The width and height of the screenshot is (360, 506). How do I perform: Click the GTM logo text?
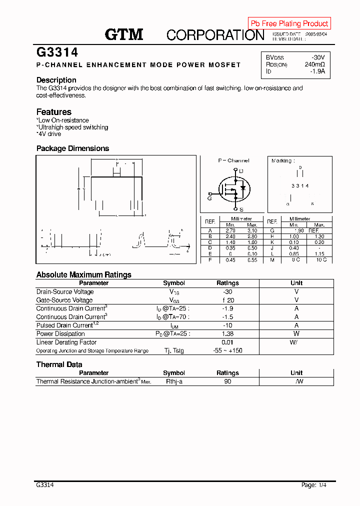123,34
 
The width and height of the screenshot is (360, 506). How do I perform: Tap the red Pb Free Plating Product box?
289,23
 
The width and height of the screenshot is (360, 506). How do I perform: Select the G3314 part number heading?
56,52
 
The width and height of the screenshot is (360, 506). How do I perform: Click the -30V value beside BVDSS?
317,57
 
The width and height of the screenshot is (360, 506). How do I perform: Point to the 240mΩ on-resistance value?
314,64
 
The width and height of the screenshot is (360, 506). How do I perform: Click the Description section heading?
56,80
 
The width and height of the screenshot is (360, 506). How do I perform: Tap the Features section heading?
54,112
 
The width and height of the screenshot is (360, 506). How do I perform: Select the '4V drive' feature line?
49,134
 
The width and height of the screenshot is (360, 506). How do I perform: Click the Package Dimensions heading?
72,148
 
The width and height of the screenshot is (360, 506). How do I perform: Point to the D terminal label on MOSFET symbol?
241,171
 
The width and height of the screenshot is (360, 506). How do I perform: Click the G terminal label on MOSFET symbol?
209,198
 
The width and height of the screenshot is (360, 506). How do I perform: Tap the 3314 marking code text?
300,186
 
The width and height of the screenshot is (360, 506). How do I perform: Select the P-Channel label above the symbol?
233,160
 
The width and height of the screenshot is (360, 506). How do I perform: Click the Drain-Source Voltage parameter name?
65,292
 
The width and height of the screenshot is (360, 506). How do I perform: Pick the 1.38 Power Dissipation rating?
227,334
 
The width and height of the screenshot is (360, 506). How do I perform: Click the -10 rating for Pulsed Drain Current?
227,325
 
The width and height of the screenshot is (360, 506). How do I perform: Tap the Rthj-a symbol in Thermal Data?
174,381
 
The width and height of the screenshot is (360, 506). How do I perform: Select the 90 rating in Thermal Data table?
227,381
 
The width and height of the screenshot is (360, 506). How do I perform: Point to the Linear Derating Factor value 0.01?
227,342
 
